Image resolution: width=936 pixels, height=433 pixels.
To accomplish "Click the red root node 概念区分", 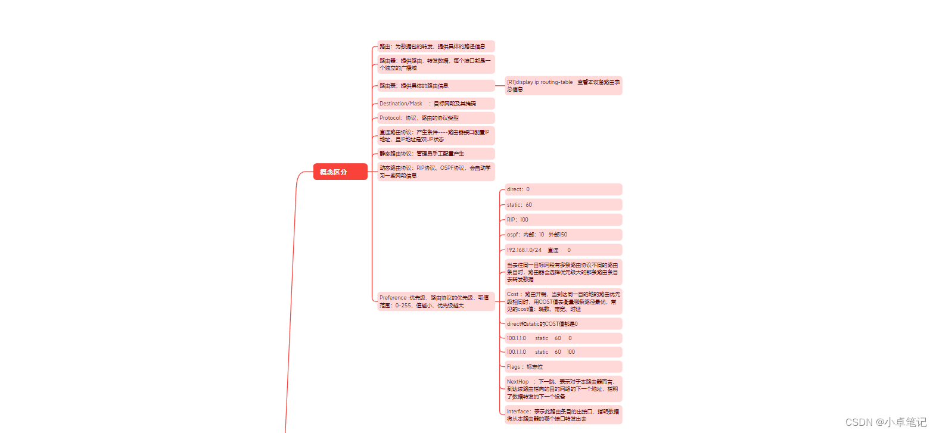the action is [x=340, y=172].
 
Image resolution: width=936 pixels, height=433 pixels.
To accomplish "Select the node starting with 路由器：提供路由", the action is [x=436, y=64].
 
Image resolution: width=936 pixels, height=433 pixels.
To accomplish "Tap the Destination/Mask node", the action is [x=436, y=104].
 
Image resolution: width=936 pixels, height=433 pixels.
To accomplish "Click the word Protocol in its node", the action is [x=390, y=118].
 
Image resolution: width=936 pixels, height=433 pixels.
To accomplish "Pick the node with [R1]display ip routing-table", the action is [x=563, y=86].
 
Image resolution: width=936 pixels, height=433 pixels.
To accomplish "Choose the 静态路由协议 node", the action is [x=436, y=154].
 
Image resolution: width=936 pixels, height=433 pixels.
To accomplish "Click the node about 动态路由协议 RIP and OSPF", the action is [x=436, y=172].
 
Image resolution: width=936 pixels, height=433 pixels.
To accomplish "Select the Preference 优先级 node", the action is [x=436, y=301].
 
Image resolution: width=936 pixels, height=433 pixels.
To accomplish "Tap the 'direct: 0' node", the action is [x=563, y=189].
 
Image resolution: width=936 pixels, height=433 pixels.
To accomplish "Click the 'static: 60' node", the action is [x=563, y=205].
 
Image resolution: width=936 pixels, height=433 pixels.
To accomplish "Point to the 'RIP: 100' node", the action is [x=563, y=220].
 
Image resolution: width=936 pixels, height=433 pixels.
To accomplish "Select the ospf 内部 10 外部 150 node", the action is [x=563, y=235].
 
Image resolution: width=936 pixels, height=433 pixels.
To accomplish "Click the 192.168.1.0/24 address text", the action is [x=524, y=250].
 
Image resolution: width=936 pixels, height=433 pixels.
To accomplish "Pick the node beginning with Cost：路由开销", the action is [x=563, y=301].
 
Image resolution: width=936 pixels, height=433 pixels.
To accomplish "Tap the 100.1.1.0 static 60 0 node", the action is [x=563, y=338].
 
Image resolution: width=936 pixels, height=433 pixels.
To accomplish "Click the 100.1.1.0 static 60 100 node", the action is [x=563, y=352].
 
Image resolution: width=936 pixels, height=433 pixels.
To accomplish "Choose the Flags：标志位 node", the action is [x=563, y=367].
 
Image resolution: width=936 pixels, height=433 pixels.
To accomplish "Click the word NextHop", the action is [x=518, y=382].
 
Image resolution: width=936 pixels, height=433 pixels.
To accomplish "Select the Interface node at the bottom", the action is [x=563, y=415].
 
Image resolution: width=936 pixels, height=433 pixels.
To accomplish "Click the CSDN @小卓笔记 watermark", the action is [x=886, y=422].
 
